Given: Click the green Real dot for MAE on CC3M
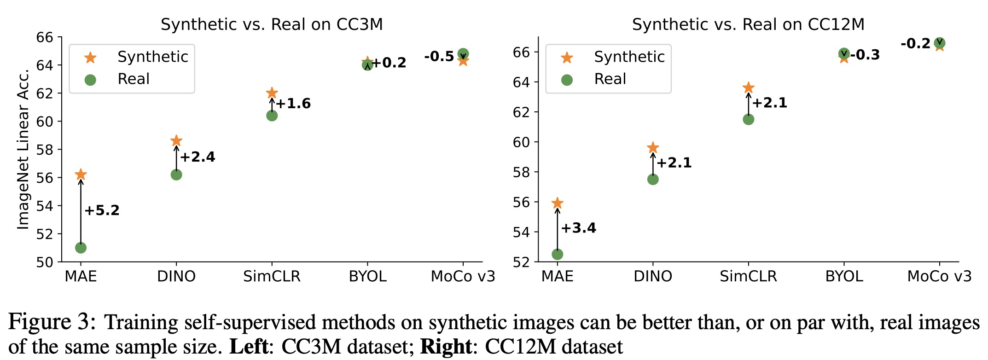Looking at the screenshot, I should pyautogui.click(x=81, y=248).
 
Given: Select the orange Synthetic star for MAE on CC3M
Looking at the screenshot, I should pyautogui.click(x=81, y=174).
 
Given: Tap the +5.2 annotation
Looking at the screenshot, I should pyautogui.click(x=102, y=210).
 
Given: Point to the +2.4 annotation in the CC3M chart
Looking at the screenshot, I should pyautogui.click(x=198, y=157).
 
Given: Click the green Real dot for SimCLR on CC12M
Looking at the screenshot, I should pyautogui.click(x=748, y=119).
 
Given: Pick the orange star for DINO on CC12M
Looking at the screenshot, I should pyautogui.click(x=653, y=148).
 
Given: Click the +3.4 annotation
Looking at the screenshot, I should pyautogui.click(x=578, y=228).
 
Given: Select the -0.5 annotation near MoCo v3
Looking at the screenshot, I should pyautogui.click(x=439, y=57).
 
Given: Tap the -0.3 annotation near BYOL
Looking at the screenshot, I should pyautogui.click(x=865, y=55).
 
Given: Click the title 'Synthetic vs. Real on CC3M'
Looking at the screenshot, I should pyautogui.click(x=272, y=24).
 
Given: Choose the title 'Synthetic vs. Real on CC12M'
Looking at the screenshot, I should pyautogui.click(x=748, y=24).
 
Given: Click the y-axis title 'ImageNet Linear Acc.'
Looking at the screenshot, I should pyautogui.click(x=23, y=149).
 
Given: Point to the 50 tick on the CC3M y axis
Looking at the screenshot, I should pyautogui.click(x=45, y=262).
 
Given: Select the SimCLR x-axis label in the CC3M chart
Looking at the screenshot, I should pyautogui.click(x=272, y=276).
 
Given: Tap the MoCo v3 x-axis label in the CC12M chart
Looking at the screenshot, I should pyautogui.click(x=939, y=276).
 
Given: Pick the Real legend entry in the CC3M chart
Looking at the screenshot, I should pyautogui.click(x=134, y=79).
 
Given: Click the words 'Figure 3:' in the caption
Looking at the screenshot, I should pyautogui.click(x=52, y=322).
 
